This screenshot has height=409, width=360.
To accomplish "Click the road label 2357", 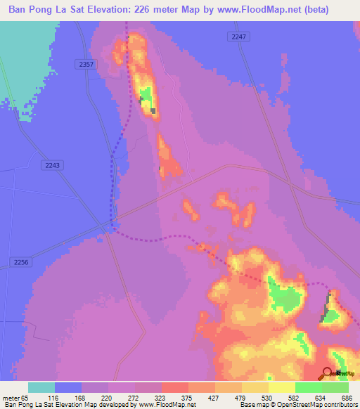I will (x=86, y=64).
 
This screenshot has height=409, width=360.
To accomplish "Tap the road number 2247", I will (x=238, y=36).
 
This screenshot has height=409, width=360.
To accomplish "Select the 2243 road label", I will (x=52, y=164).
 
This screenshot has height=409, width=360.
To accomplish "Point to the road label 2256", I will (x=22, y=262).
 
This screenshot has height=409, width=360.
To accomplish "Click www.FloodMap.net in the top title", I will (x=270, y=9).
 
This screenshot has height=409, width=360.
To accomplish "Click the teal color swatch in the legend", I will (x=41, y=387).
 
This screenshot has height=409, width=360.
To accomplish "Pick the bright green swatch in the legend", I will (x=309, y=387).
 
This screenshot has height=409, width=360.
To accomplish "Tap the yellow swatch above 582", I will (x=282, y=387).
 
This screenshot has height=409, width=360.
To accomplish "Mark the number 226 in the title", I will (x=166, y=9).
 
